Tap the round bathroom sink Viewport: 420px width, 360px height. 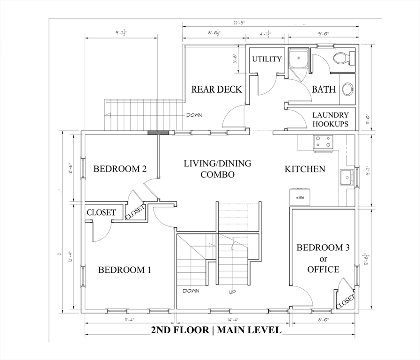(x=348, y=90)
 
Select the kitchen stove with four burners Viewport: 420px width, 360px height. (x=322, y=142)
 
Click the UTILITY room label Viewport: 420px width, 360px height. (x=267, y=59)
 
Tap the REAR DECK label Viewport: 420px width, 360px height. (x=216, y=89)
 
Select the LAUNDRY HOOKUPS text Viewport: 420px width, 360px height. (x=330, y=120)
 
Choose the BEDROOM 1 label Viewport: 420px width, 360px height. (x=125, y=270)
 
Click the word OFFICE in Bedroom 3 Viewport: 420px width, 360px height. (x=323, y=270)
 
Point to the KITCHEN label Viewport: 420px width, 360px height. (x=305, y=169)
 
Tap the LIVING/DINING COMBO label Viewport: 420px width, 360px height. (x=217, y=169)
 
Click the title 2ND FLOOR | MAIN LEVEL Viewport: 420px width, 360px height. (x=216, y=330)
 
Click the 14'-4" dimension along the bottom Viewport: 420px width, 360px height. (x=233, y=320)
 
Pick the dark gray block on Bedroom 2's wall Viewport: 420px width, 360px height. (x=158, y=133)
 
